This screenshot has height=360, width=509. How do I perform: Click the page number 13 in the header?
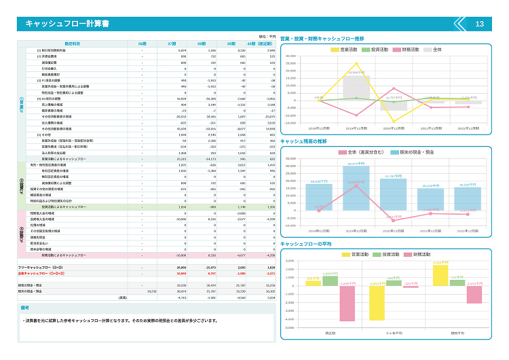[x=479, y=24]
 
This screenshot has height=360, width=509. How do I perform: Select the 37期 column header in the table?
[x=172, y=43]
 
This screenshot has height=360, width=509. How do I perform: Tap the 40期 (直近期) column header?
[x=261, y=43]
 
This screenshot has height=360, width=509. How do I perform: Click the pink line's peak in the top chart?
[x=393, y=88]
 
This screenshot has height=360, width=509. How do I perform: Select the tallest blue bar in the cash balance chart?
[x=353, y=187]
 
